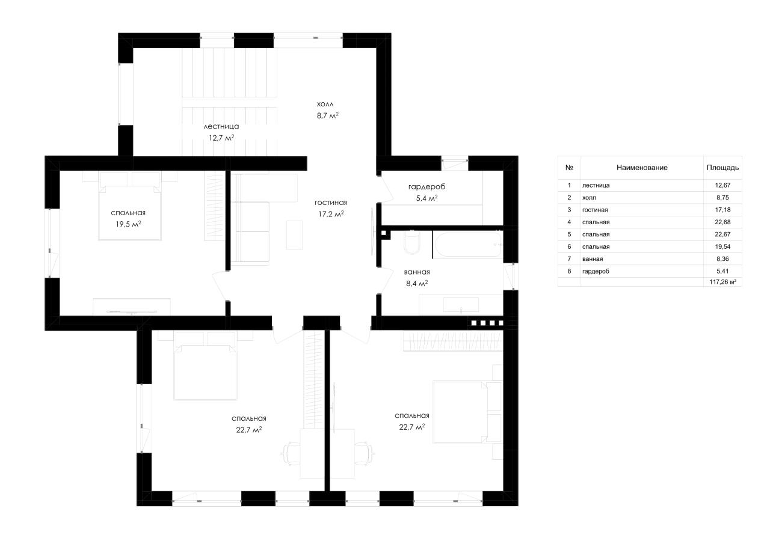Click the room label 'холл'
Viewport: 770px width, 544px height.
point(325,104)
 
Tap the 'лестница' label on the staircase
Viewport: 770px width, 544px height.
point(221,126)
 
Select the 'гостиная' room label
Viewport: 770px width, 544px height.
point(331,203)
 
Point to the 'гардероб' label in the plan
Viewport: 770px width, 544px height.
point(427,187)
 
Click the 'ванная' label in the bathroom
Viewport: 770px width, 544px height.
point(417,272)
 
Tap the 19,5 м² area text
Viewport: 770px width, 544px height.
point(128,224)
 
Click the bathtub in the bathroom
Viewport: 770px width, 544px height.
point(468,244)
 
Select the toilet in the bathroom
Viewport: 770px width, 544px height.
point(412,242)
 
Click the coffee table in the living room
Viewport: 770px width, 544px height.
point(295,235)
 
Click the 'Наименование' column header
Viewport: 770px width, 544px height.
point(642,168)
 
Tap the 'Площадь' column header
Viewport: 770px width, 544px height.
point(722,168)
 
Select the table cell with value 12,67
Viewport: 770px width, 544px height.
point(722,185)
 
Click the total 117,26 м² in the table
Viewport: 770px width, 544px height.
point(722,282)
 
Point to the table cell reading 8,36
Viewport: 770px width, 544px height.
point(722,259)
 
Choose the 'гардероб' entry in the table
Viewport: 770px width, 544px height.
point(596,271)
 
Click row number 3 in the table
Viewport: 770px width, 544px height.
point(569,210)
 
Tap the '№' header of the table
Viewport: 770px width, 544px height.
point(569,168)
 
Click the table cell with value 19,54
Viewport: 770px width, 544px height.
point(722,246)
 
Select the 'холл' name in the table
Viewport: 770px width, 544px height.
point(589,198)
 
